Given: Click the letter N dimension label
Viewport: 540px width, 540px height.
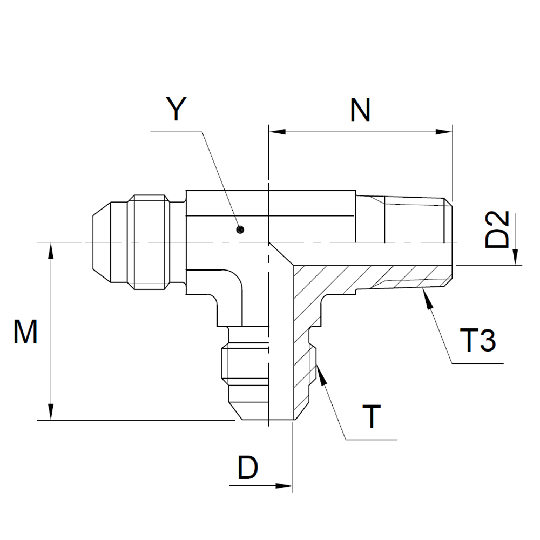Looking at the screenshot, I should pyautogui.click(x=360, y=110).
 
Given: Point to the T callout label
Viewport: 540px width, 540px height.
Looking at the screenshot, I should pyautogui.click(x=371, y=417).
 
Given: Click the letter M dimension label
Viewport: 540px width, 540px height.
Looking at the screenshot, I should pyautogui.click(x=25, y=332).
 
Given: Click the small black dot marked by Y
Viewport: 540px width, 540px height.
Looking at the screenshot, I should pyautogui.click(x=239, y=230).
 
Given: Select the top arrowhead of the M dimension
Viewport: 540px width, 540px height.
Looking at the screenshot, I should pyautogui.click(x=51, y=249).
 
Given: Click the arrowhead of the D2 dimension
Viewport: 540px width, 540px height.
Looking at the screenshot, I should pyautogui.click(x=516, y=259).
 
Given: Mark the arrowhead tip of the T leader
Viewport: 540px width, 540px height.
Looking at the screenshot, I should pyautogui.click(x=319, y=366).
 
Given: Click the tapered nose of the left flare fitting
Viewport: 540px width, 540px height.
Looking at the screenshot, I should pyautogui.click(x=100, y=242).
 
